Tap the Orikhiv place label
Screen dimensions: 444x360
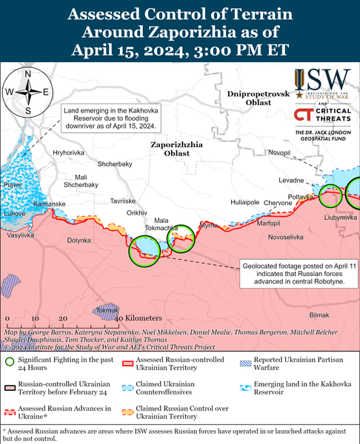click(137, 212)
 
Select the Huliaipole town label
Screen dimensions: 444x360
click(244, 201)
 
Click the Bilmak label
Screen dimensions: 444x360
click(319, 315)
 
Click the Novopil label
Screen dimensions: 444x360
click(279, 152)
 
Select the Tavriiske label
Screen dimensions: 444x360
click(123, 201)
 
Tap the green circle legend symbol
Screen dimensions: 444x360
click(10, 362)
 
